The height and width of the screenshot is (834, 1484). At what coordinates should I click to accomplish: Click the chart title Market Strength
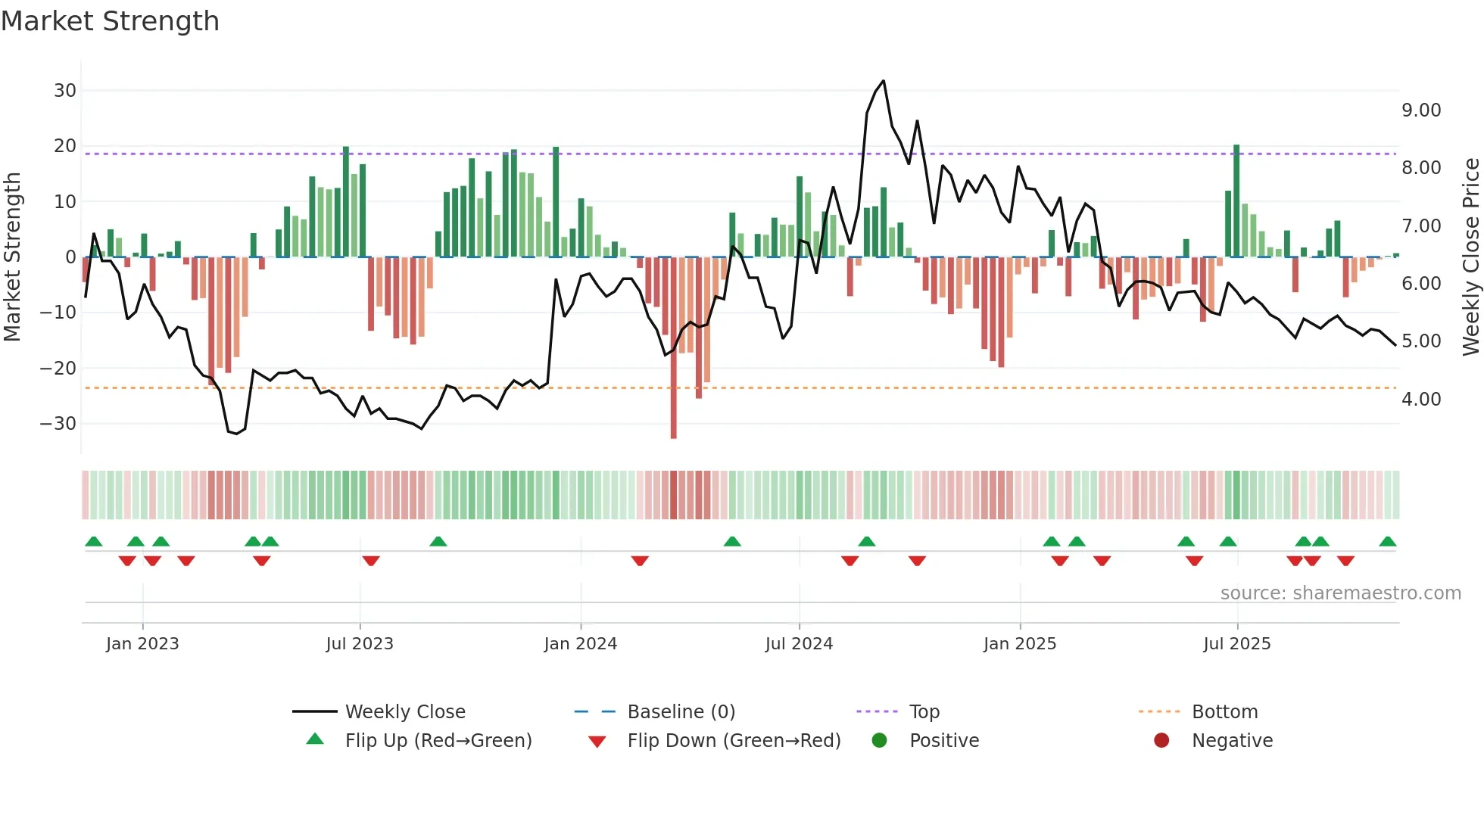(110, 21)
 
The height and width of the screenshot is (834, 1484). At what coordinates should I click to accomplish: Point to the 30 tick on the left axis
(65, 91)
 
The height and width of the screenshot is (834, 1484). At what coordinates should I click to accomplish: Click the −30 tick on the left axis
(58, 424)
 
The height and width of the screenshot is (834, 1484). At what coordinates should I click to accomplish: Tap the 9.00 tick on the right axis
(1421, 110)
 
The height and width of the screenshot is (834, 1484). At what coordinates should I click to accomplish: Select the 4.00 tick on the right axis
(1421, 400)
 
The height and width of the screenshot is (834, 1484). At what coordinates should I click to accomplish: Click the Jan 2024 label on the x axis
(581, 644)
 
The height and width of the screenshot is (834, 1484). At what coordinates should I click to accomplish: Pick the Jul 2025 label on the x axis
(1237, 644)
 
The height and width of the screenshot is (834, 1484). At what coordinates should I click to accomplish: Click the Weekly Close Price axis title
(1470, 257)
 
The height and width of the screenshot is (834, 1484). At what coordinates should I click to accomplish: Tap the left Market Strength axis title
(12, 257)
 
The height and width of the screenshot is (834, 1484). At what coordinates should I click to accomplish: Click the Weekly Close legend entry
(405, 712)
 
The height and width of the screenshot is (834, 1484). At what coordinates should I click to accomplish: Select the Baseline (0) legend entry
(681, 712)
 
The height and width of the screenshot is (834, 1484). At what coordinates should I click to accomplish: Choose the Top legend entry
(924, 712)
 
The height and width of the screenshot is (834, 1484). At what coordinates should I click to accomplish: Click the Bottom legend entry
(1224, 712)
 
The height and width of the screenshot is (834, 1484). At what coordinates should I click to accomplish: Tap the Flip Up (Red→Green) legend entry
(438, 741)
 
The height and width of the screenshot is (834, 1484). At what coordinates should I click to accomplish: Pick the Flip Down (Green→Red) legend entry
(734, 741)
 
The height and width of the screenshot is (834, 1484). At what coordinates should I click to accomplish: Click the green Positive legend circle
(879, 740)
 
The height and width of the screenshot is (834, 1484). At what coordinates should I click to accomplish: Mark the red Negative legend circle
(1161, 740)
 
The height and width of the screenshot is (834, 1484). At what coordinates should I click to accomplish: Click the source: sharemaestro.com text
(1340, 593)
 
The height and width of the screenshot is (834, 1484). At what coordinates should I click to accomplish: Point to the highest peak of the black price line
(883, 82)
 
